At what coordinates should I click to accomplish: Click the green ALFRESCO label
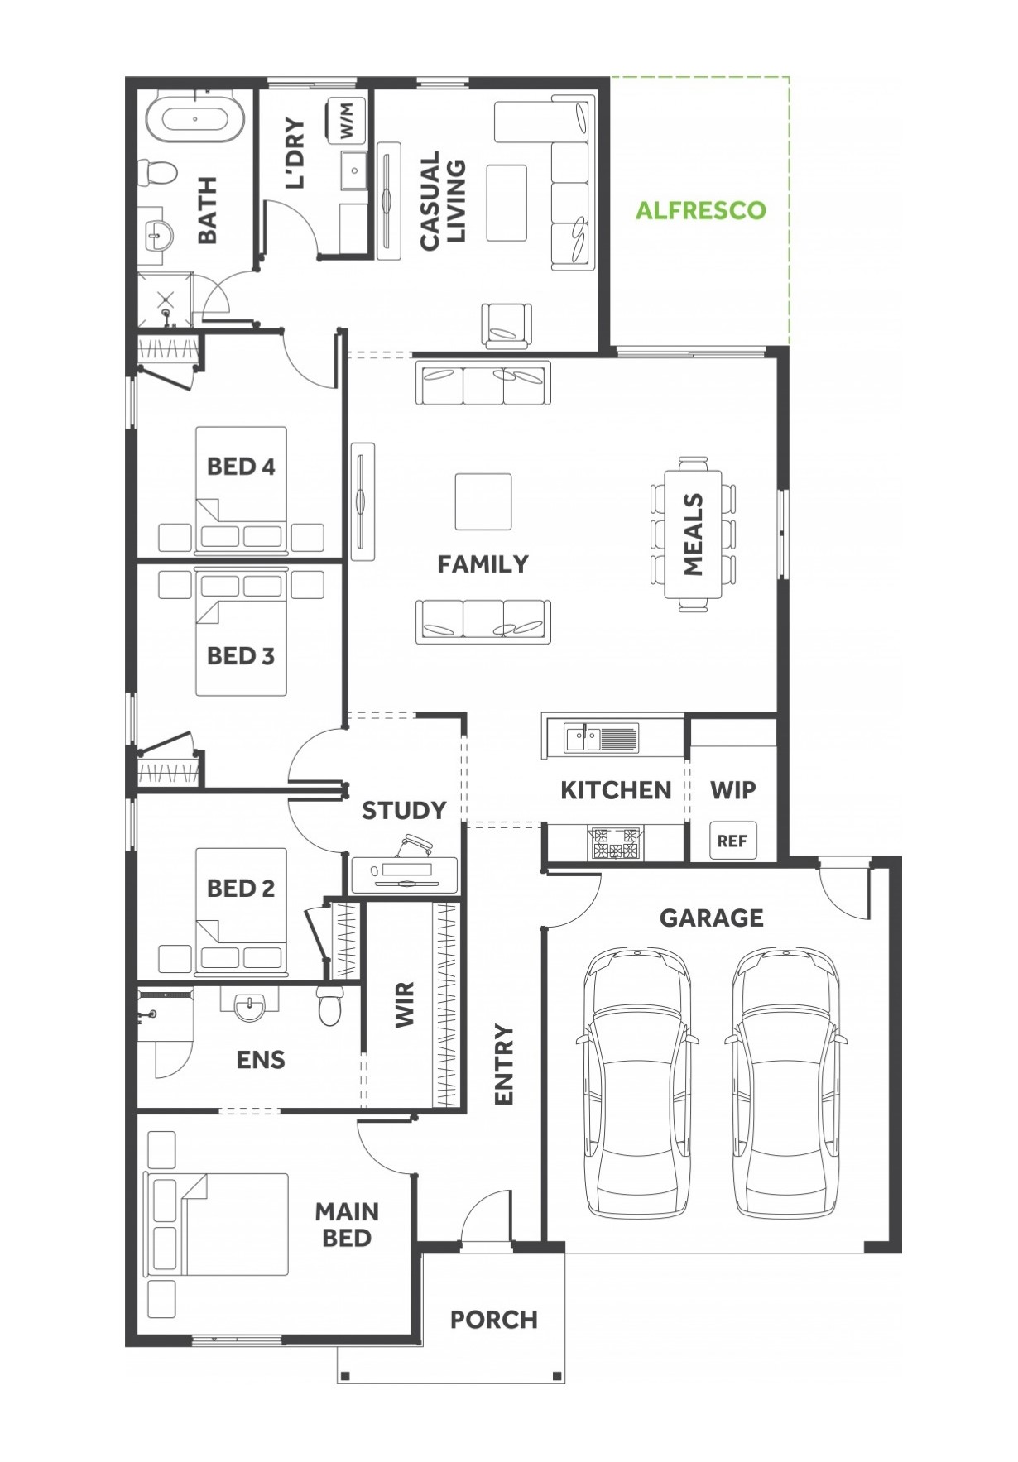tap(700, 210)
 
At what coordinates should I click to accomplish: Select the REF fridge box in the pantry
tap(732, 841)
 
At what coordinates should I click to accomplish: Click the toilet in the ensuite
tap(330, 1004)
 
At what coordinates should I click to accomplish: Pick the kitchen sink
tap(601, 736)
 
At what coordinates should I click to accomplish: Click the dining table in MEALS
tap(694, 534)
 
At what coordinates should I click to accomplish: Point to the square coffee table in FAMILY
tap(483, 501)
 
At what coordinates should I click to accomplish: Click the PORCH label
tap(494, 1319)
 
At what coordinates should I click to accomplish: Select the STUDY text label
tap(404, 810)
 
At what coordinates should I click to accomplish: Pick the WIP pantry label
tap(733, 790)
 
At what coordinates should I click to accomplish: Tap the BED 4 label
tap(241, 467)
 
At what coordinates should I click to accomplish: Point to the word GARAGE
tap(712, 918)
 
